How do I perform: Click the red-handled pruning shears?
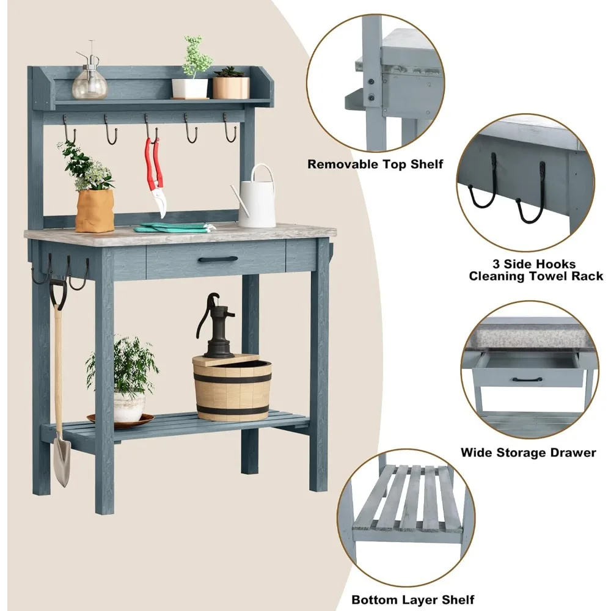[155, 175]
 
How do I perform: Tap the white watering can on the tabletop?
[257, 198]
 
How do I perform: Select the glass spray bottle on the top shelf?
[89, 75]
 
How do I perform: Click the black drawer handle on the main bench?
[218, 259]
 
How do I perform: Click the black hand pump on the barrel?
[215, 326]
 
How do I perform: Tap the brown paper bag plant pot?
[95, 210]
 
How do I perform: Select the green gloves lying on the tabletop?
[174, 227]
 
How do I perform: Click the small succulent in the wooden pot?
[230, 71]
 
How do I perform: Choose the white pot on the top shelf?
[190, 89]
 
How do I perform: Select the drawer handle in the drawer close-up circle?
[527, 379]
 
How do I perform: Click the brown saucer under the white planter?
[121, 420]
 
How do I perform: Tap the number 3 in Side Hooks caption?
[496, 264]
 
